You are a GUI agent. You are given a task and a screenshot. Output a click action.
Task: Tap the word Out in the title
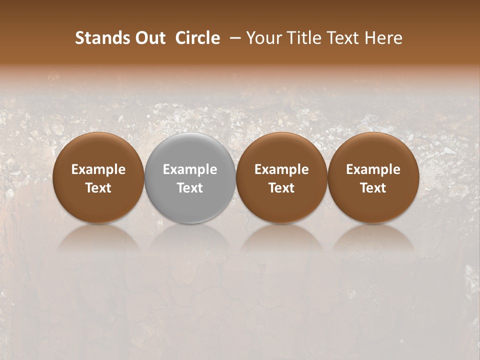click(x=149, y=38)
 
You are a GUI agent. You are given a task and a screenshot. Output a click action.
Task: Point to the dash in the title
click(x=233, y=38)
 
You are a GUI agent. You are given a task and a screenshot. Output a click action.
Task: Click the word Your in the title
click(x=264, y=38)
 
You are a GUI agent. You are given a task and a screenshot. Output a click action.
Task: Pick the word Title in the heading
click(x=302, y=38)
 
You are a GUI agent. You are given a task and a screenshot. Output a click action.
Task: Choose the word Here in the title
click(x=384, y=38)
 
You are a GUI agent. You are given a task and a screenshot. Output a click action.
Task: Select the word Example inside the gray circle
click(x=190, y=169)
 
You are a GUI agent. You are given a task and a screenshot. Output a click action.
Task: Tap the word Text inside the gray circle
click(x=190, y=188)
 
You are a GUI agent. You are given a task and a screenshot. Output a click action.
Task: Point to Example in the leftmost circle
click(x=98, y=169)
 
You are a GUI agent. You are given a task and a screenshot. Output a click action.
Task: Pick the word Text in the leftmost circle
click(x=98, y=188)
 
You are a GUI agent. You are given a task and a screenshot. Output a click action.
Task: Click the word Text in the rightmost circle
click(x=373, y=188)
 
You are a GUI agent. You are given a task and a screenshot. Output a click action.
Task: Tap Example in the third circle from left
click(x=281, y=169)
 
